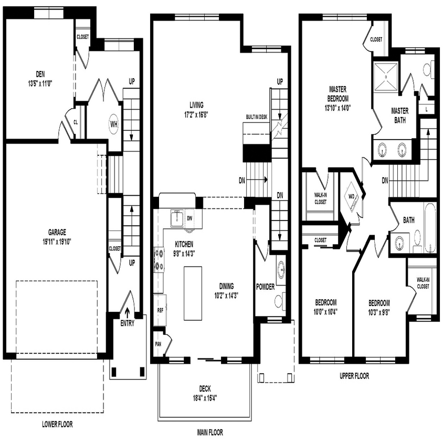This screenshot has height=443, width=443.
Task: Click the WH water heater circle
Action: click(x=113, y=124)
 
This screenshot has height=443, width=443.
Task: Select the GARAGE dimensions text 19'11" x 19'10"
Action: click(x=57, y=241)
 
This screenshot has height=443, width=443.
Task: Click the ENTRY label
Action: click(x=127, y=323)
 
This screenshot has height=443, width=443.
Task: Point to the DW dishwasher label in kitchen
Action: click(x=189, y=217)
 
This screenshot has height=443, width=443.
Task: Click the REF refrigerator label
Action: click(x=160, y=310)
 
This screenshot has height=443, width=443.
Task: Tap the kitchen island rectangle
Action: click(x=193, y=293)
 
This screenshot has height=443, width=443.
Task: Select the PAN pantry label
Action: click(x=158, y=344)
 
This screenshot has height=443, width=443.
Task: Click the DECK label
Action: click(x=205, y=389)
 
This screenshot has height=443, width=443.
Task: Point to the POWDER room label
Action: click(x=266, y=287)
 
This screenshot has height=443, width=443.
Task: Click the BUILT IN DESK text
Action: click(x=257, y=117)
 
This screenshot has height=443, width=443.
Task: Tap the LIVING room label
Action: click(x=196, y=104)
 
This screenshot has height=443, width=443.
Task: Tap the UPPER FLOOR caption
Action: click(x=354, y=376)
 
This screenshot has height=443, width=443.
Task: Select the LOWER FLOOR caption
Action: click(x=57, y=424)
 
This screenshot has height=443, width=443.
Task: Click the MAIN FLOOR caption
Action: click(x=210, y=433)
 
